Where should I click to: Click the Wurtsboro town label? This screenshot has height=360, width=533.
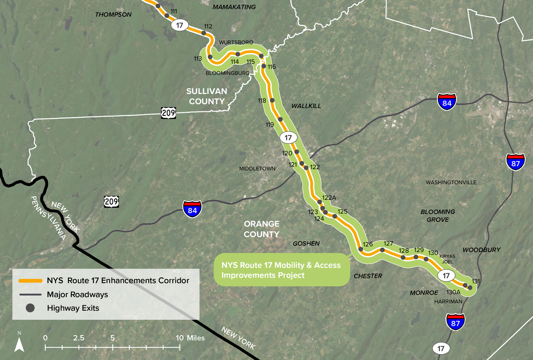pyautogui.click(x=236, y=42)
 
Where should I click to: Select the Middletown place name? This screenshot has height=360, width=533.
pyautogui.click(x=257, y=169)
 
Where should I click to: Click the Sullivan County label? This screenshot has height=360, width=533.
pyautogui.click(x=207, y=96)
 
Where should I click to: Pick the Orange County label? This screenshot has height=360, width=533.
pyautogui.click(x=261, y=229)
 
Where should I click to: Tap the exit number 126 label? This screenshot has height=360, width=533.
pyautogui.click(x=367, y=244)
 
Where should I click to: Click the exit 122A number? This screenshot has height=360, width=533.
pyautogui.click(x=330, y=198)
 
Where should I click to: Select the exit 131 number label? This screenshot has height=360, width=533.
pyautogui.click(x=476, y=281)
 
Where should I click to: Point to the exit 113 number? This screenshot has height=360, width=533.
pyautogui.click(x=198, y=59)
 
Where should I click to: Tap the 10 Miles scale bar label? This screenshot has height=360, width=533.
pyautogui.click(x=190, y=338)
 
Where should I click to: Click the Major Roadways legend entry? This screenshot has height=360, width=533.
pyautogui.click(x=77, y=294)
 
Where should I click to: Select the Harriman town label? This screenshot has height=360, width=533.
pyautogui.click(x=449, y=301)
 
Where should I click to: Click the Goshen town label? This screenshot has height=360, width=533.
pyautogui.click(x=306, y=244)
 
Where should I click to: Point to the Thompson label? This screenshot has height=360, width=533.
pyautogui.click(x=114, y=15)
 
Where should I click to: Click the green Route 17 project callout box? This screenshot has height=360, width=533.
pyautogui.click(x=282, y=270)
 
